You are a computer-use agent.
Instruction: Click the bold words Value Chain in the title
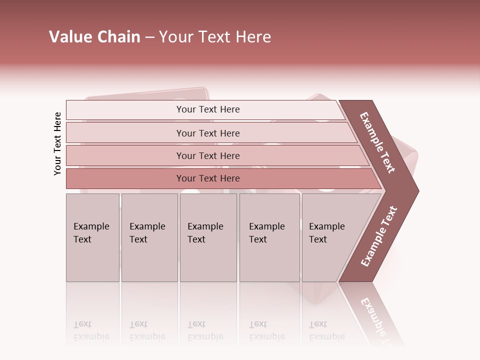tap(94, 37)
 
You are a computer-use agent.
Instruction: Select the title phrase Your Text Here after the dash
tap(215, 37)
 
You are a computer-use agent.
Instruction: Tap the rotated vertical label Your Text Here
tap(57, 143)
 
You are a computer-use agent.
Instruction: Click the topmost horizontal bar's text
tap(208, 109)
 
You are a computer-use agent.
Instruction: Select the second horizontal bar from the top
tap(208, 133)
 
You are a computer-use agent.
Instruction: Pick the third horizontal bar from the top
tap(208, 155)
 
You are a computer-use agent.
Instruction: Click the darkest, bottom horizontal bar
tap(208, 178)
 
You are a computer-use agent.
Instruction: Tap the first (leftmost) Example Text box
tap(92, 237)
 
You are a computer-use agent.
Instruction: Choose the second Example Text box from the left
tap(149, 237)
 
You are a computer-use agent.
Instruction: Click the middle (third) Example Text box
tap(207, 237)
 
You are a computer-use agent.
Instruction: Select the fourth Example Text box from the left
tap(269, 237)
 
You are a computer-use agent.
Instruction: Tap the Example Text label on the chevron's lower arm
tap(379, 236)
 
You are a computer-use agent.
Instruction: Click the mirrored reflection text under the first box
tap(91, 331)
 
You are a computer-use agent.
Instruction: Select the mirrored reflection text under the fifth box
tap(326, 331)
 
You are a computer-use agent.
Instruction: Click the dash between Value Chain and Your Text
tap(149, 37)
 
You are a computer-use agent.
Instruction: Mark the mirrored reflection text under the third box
tap(205, 331)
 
